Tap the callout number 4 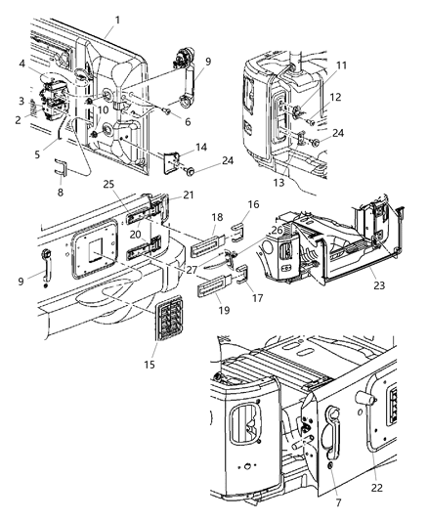tap(21, 65)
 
